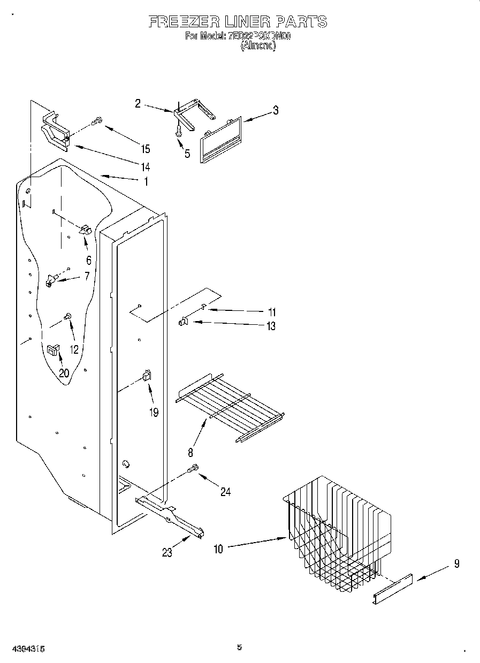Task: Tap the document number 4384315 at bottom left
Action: (x=26, y=649)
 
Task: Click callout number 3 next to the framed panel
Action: (x=275, y=111)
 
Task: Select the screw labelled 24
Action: (x=194, y=469)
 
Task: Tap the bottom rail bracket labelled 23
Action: (x=171, y=516)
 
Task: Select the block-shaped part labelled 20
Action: (x=52, y=350)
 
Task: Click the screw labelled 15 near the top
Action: (x=97, y=121)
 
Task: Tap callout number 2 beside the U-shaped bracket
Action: (x=138, y=103)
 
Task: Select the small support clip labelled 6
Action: (x=86, y=230)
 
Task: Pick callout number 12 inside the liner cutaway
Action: (x=74, y=349)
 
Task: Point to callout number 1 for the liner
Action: (x=145, y=181)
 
